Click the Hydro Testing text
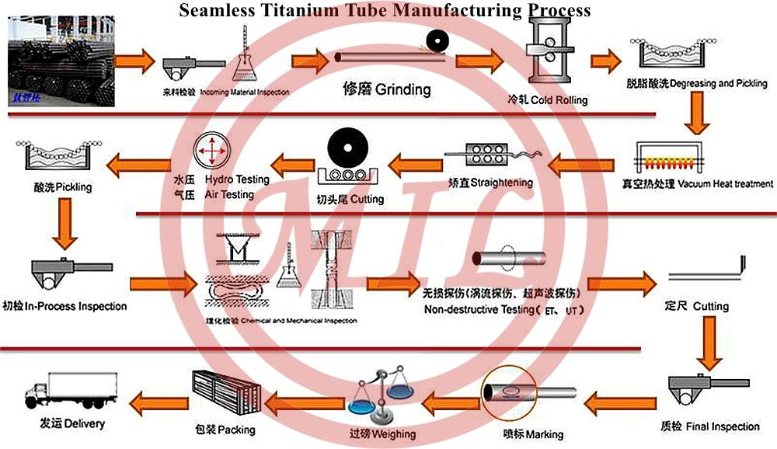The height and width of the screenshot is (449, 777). (236, 179)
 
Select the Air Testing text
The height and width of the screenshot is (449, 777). (229, 194)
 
